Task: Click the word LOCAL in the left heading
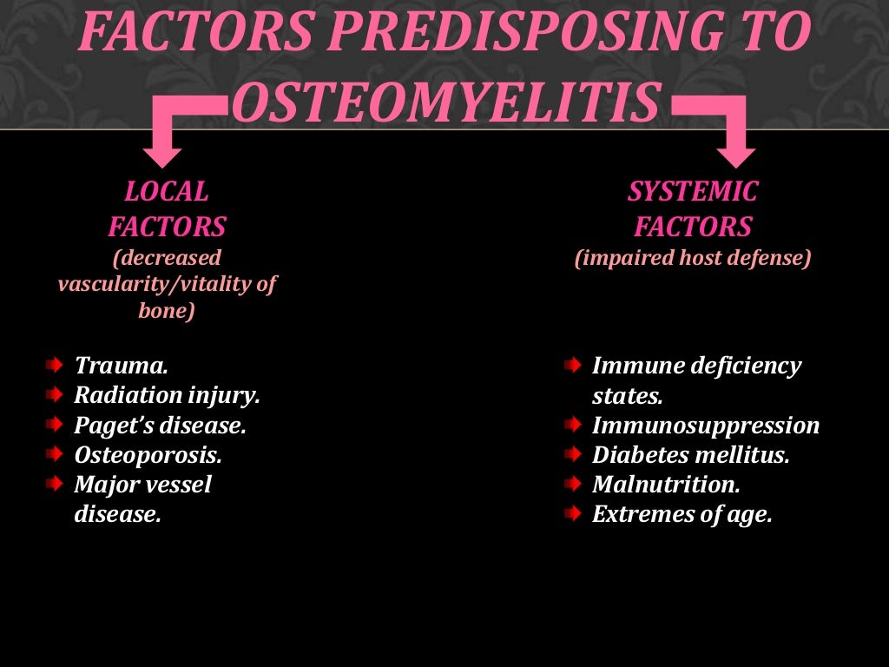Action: coord(167,191)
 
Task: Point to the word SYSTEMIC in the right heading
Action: coord(693,191)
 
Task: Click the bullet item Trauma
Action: coord(121,366)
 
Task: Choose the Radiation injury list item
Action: coord(167,395)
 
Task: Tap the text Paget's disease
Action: coord(160,426)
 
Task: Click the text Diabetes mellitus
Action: coord(690,455)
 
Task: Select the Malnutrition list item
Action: coord(666,485)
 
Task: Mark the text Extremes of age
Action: coord(682,514)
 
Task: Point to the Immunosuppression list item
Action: coord(705,426)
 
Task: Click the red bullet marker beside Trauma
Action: coord(55,366)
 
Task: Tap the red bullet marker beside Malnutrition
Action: coord(571,485)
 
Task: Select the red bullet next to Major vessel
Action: coord(55,485)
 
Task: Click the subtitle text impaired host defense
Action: coord(693,259)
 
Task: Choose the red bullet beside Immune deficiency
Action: coord(571,366)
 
